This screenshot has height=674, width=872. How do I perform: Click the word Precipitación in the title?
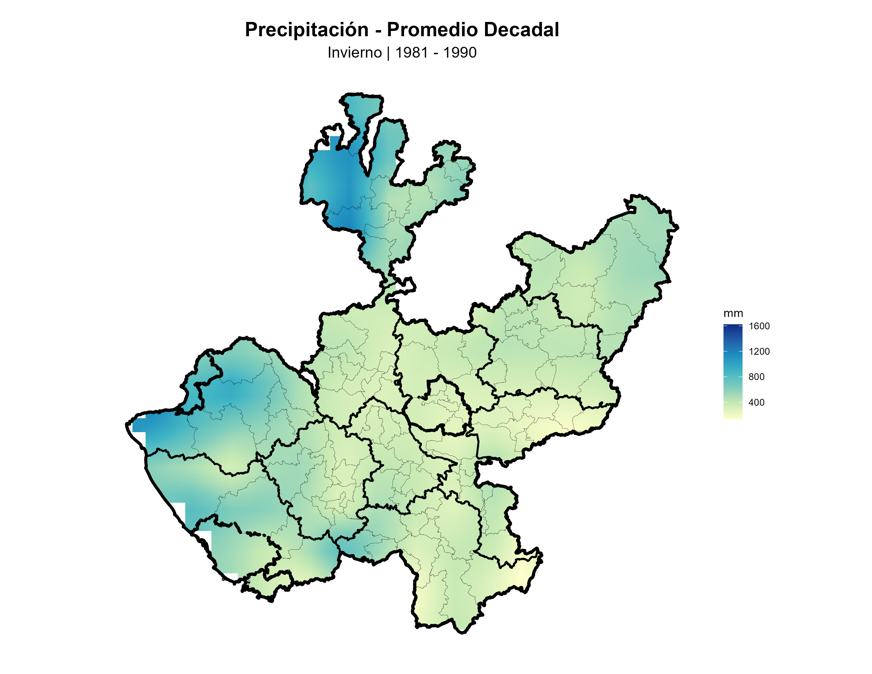click(x=306, y=30)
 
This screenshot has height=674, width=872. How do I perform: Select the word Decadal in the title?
click(x=521, y=30)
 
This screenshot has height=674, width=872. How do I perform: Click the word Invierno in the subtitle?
click(x=355, y=53)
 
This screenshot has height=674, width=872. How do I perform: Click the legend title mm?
click(x=733, y=313)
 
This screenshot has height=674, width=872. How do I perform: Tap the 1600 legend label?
click(x=759, y=326)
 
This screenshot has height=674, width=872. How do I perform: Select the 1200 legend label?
click(x=759, y=351)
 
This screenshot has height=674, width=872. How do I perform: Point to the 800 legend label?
click(x=756, y=377)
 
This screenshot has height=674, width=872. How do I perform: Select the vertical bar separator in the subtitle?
click(x=388, y=53)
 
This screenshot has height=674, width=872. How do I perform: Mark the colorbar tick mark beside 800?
click(x=741, y=377)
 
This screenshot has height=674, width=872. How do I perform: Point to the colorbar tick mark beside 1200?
click(x=741, y=351)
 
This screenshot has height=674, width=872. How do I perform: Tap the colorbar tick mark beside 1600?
click(x=741, y=326)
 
